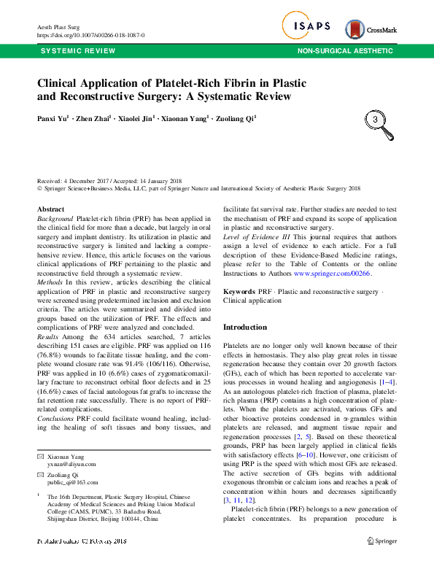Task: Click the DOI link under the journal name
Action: pyautogui.click(x=90, y=35)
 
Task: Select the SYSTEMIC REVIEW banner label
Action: pyautogui.click(x=77, y=51)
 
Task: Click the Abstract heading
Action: pyautogui.click(x=50, y=209)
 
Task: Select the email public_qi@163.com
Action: pyautogui.click(x=77, y=462)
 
